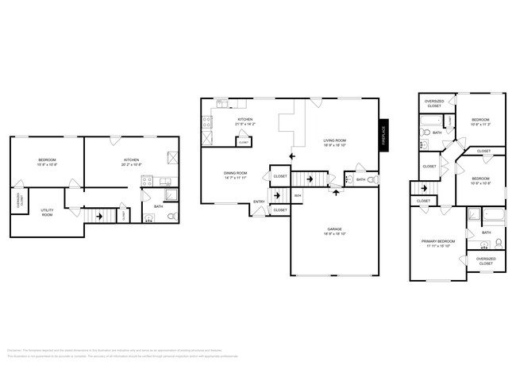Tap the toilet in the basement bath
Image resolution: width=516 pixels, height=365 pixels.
172,215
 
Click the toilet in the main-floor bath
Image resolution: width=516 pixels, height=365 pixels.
369,180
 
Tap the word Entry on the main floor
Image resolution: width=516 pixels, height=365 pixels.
259,202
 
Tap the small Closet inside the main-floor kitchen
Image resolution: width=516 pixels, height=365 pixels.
243,141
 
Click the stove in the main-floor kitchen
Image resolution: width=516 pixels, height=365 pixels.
208,122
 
